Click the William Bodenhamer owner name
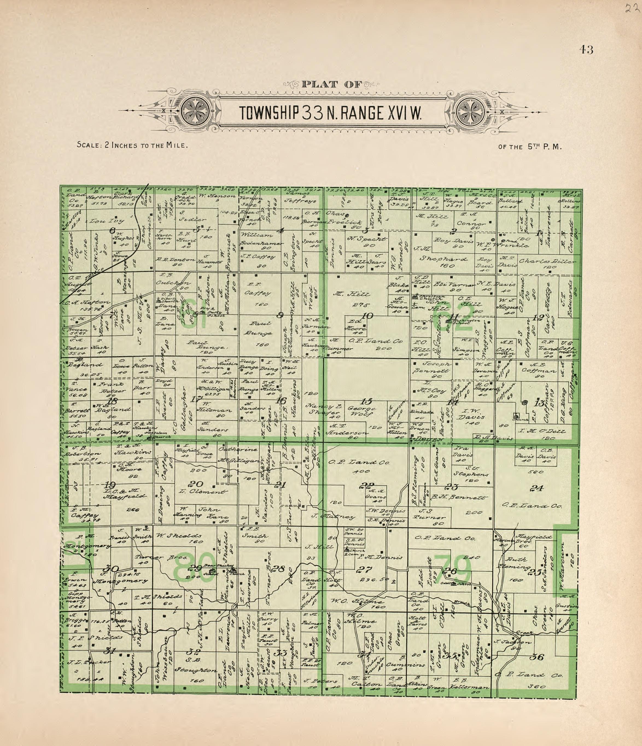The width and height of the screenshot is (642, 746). (x=261, y=239)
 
